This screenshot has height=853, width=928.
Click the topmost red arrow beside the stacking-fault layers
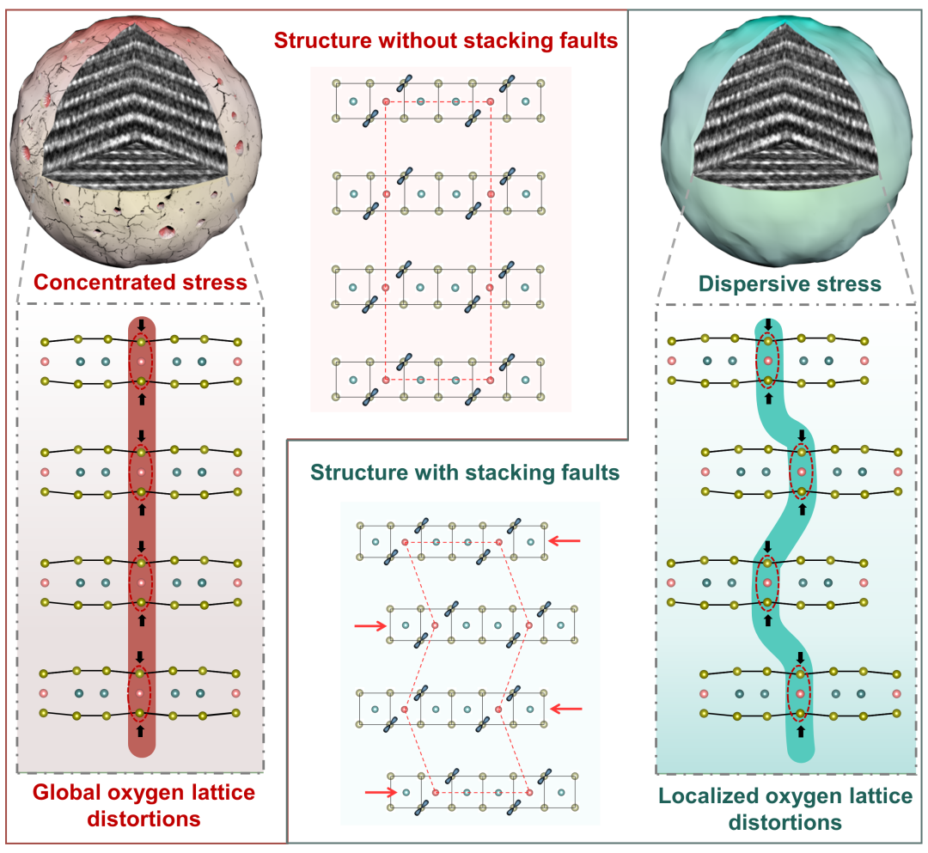[x=565, y=540]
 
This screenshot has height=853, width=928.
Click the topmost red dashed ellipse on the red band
[x=141, y=361]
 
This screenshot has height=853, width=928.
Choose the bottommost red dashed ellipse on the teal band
[x=800, y=693]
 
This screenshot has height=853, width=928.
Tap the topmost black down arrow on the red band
[x=141, y=326]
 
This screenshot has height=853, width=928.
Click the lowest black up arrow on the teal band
[x=801, y=731]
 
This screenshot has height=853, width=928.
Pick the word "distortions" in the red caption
[x=143, y=819]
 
